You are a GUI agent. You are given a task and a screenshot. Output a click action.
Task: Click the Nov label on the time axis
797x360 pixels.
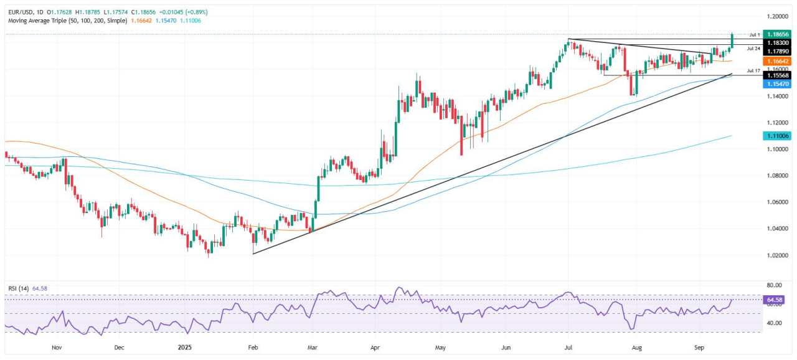coord(57,346)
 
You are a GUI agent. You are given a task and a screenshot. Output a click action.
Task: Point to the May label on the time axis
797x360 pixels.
coord(441,346)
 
